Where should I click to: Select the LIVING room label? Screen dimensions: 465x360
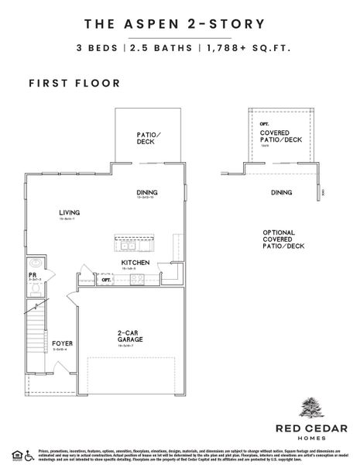[70, 212]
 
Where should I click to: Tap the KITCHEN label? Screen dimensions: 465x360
[135, 263]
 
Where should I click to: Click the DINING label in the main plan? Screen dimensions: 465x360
[147, 194]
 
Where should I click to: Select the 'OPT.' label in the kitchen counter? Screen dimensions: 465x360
[107, 280]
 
